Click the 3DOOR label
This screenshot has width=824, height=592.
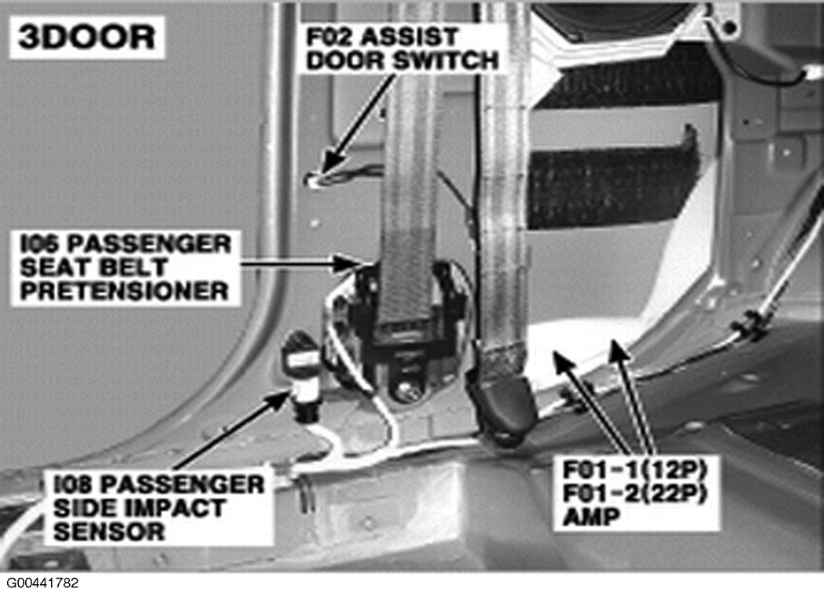coord(86,38)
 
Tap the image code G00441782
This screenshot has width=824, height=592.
coord(42,583)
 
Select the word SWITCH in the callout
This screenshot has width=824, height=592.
coord(447,60)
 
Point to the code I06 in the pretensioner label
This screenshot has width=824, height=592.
coord(41,244)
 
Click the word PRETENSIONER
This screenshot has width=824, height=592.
coord(124,291)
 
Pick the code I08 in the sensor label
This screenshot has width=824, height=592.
coord(74,485)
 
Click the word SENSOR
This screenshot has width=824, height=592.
coord(109,532)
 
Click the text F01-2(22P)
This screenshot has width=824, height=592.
coord(634,493)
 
